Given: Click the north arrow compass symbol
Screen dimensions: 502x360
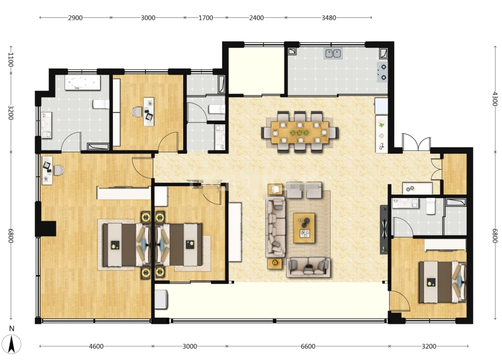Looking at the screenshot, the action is tap(11, 344).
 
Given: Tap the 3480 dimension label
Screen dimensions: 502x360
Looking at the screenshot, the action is tap(329, 18).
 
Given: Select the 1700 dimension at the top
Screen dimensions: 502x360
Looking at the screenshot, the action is tap(206, 18).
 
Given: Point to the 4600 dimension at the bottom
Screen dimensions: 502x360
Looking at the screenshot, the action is tap(96, 346).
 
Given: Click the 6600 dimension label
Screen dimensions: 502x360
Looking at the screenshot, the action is tap(308, 346).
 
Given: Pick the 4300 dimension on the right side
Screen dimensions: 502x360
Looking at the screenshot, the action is tap(495, 99).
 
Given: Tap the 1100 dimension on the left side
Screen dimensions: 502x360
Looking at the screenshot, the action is tap(11, 60).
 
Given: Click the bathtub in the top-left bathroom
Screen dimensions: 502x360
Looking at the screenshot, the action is tap(83, 83).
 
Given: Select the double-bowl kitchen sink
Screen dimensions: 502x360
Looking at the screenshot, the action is tap(333, 54).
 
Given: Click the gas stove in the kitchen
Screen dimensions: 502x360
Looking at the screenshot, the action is tap(383, 72).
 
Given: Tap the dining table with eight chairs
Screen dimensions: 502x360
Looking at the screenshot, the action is tap(300, 132).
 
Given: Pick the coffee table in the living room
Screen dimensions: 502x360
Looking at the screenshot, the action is tap(304, 228).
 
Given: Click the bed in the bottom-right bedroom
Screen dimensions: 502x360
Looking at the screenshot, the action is tap(442, 282).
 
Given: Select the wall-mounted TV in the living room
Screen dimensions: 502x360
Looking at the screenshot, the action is tap(384, 229).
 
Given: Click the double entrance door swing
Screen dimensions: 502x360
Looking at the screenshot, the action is tap(416, 143).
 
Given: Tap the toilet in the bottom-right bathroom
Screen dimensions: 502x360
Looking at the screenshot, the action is tap(430, 206).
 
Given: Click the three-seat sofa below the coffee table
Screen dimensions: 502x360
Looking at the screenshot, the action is tap(308, 267).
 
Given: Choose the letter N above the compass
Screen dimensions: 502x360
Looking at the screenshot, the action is tap(11, 329).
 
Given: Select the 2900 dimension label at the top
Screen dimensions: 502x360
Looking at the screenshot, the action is tap(75, 18).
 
